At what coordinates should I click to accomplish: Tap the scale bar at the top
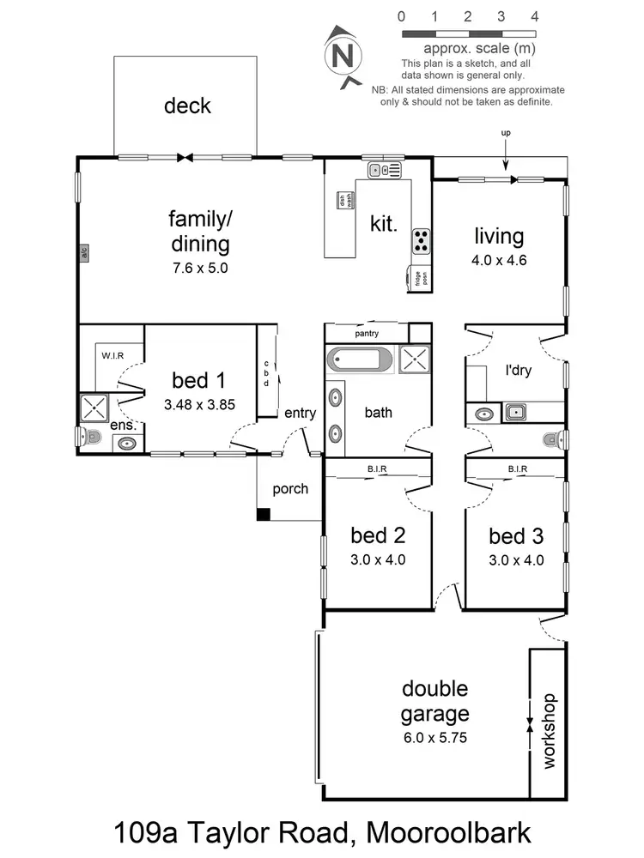pos(468,33)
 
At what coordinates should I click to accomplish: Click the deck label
pos(187,106)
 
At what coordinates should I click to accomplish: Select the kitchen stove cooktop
pos(422,241)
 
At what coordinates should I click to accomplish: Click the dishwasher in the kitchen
pos(342,200)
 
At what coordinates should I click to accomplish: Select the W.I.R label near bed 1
pos(113,354)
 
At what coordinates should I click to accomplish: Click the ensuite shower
pos(91,407)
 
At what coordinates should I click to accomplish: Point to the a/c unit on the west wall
pos(84,252)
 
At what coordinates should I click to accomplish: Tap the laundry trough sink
pos(516,414)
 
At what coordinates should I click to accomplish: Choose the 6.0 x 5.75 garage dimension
pos(435,736)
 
